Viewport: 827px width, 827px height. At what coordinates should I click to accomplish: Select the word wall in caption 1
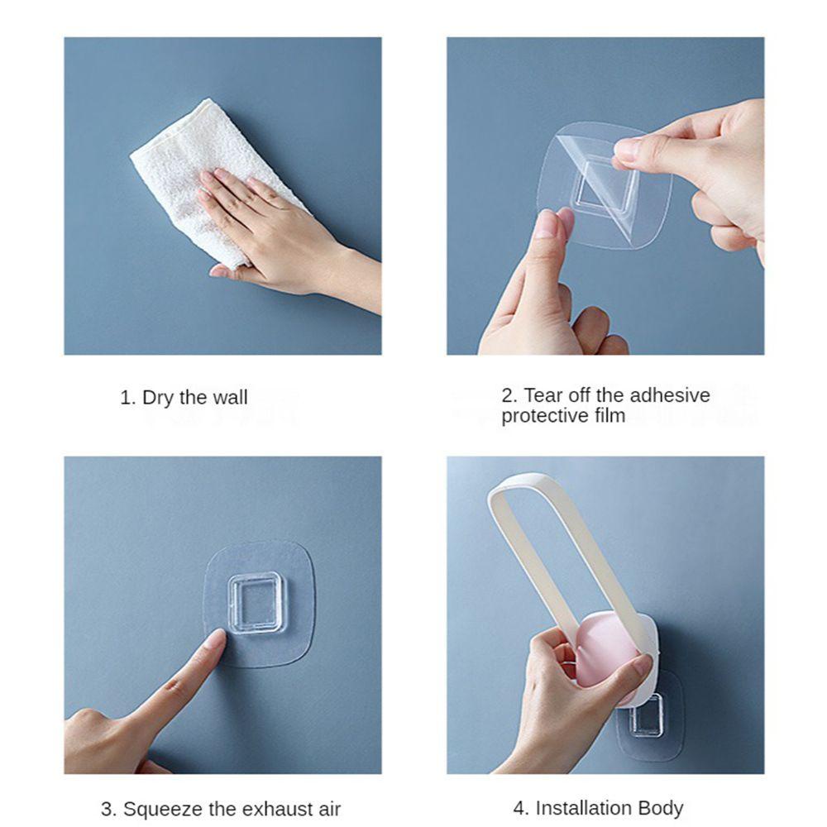click(229, 398)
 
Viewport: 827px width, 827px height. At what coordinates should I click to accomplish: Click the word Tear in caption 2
click(543, 395)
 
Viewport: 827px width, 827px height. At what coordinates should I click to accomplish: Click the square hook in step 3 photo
click(256, 603)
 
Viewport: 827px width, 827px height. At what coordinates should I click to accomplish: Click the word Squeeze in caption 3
click(161, 809)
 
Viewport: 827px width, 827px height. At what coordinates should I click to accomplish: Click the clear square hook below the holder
click(645, 715)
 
